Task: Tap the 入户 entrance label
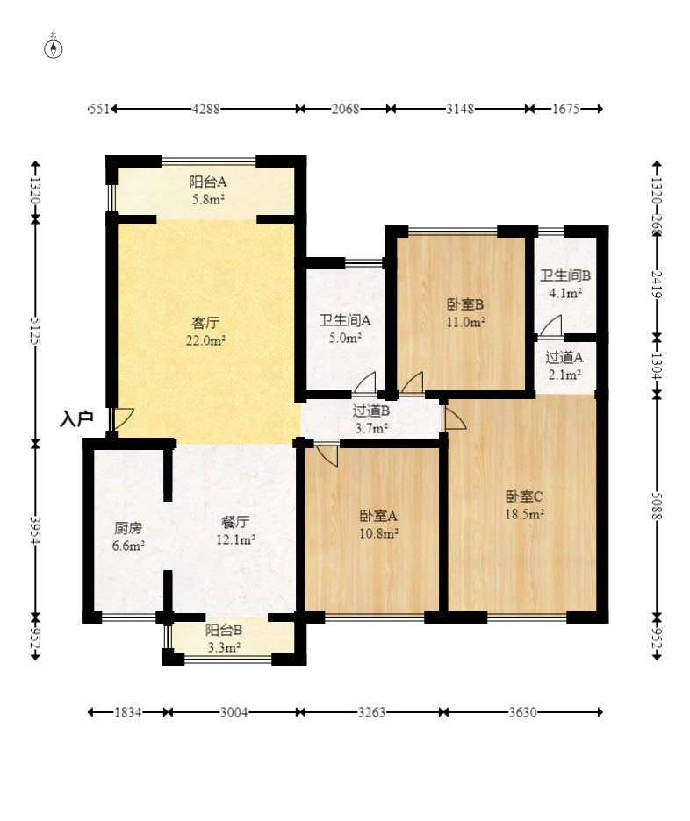(76, 419)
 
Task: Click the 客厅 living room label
(205, 323)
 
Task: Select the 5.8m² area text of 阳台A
(209, 199)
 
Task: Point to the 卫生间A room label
(345, 320)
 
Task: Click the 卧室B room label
(465, 304)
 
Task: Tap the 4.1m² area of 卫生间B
(565, 293)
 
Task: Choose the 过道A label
(564, 358)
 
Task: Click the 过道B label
(371, 411)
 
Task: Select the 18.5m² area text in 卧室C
(524, 514)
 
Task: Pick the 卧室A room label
(378, 517)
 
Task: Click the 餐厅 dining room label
(235, 522)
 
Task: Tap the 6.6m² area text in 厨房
(128, 546)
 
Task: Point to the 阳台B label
(224, 631)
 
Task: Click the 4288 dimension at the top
(206, 109)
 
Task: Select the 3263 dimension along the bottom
(371, 712)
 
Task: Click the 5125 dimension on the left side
(35, 331)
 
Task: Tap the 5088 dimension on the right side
(657, 506)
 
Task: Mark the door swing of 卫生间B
(550, 325)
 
